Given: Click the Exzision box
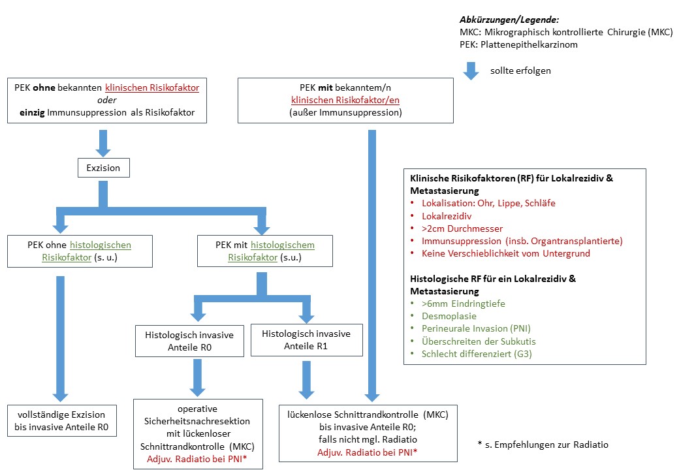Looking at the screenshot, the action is pyautogui.click(x=104, y=168).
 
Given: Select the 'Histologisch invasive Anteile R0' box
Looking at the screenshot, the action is pyautogui.click(x=190, y=341).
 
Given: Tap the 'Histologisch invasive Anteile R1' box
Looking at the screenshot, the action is pyautogui.click(x=307, y=339).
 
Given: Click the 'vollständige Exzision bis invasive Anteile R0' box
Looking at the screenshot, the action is pyautogui.click(x=62, y=420).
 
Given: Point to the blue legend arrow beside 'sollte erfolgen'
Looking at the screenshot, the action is pyautogui.click(x=471, y=71).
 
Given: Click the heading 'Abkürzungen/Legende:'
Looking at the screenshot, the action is pyautogui.click(x=509, y=20).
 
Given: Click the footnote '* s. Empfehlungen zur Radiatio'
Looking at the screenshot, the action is pyautogui.click(x=543, y=445).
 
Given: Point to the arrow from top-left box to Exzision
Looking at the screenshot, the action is pyautogui.click(x=103, y=143).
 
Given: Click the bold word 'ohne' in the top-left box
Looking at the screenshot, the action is pyautogui.click(x=44, y=87).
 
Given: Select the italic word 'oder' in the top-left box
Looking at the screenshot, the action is pyautogui.click(x=107, y=100).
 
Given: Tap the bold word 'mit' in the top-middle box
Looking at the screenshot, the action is pyautogui.click(x=325, y=87).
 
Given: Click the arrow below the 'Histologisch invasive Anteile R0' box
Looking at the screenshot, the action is pyautogui.click(x=197, y=378).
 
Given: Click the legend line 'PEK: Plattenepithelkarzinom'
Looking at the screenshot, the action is pyautogui.click(x=519, y=44).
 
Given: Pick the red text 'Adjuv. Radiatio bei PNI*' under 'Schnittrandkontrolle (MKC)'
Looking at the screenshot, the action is pyautogui.click(x=197, y=459).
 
